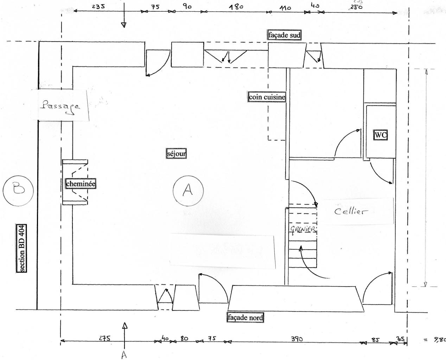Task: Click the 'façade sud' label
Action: click(x=285, y=35)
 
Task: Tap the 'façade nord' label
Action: click(x=246, y=317)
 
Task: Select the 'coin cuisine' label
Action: click(x=267, y=97)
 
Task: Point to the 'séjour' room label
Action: click(x=176, y=153)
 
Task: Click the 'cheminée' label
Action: click(x=81, y=184)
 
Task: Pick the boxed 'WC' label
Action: click(x=380, y=135)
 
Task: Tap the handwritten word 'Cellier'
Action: click(x=350, y=211)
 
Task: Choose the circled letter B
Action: click(x=18, y=189)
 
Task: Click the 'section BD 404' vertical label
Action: click(x=22, y=248)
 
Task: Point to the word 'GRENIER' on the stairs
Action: click(x=303, y=229)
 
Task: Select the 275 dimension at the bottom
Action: click(x=104, y=339)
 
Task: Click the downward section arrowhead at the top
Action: click(x=123, y=24)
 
